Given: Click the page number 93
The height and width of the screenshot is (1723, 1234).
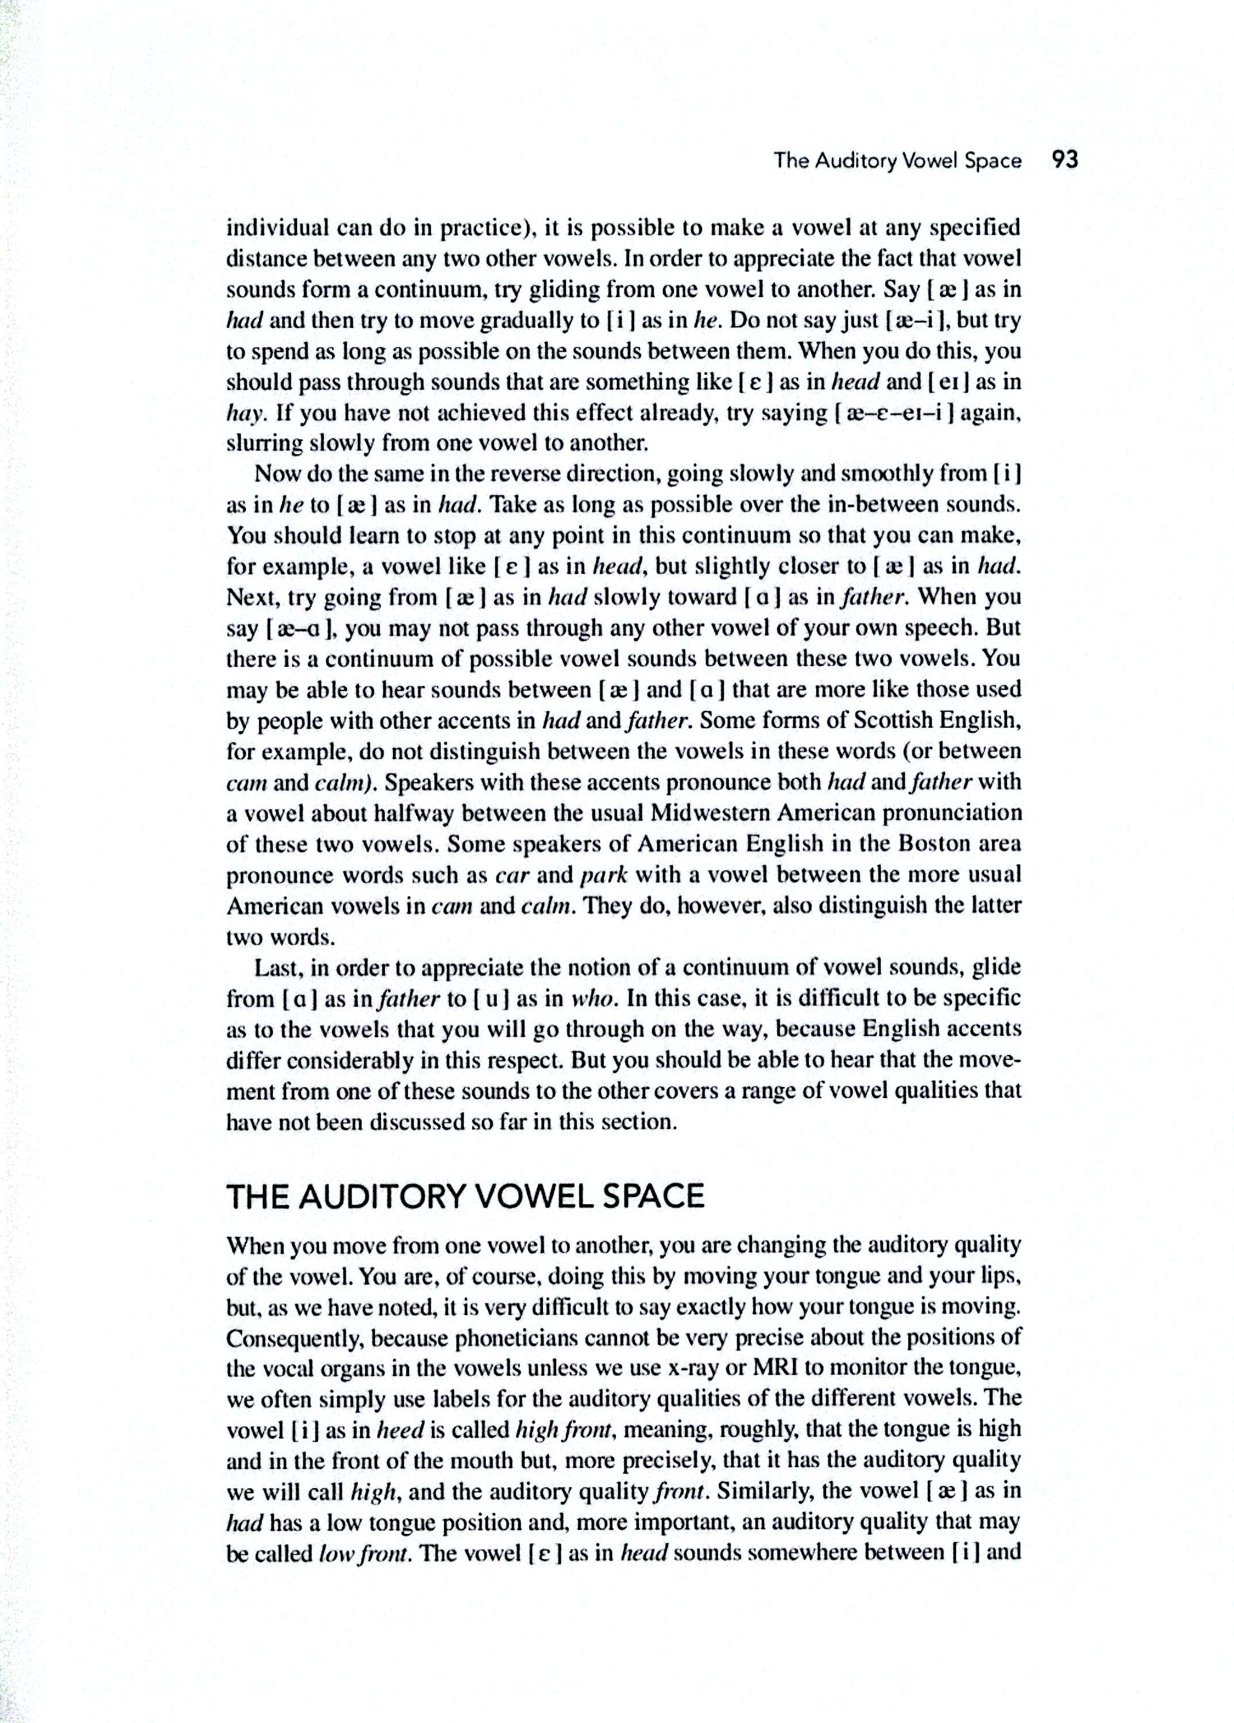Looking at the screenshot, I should pyautogui.click(x=1065, y=160).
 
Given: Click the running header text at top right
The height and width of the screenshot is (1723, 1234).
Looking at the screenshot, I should pyautogui.click(x=897, y=161).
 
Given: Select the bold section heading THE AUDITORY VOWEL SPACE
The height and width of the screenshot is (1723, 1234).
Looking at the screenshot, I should pyautogui.click(x=465, y=1196).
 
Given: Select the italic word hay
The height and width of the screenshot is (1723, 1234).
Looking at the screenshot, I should pyautogui.click(x=245, y=414).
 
